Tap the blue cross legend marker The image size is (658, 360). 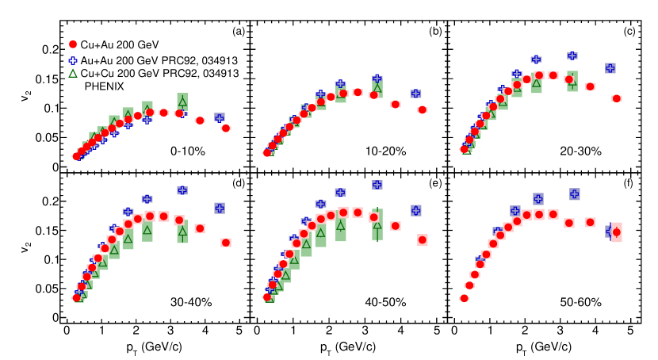(74, 60)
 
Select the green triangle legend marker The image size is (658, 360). (74, 75)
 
